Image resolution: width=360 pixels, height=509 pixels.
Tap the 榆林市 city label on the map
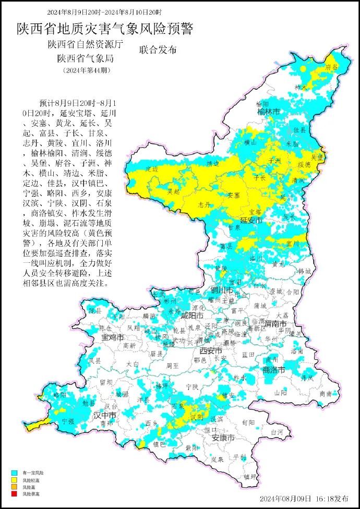(x=268, y=112)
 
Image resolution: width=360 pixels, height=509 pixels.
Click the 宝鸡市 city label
(x=113, y=337)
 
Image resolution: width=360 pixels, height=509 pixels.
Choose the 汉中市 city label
(x=104, y=415)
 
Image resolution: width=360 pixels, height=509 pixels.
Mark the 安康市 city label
(x=223, y=438)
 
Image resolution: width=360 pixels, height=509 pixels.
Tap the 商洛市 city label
(x=273, y=370)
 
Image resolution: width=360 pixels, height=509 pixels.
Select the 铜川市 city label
(x=221, y=290)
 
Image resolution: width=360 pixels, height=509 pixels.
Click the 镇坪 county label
(x=250, y=476)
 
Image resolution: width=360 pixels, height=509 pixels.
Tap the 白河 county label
(x=277, y=432)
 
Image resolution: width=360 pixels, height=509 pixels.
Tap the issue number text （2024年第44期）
(x=87, y=70)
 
